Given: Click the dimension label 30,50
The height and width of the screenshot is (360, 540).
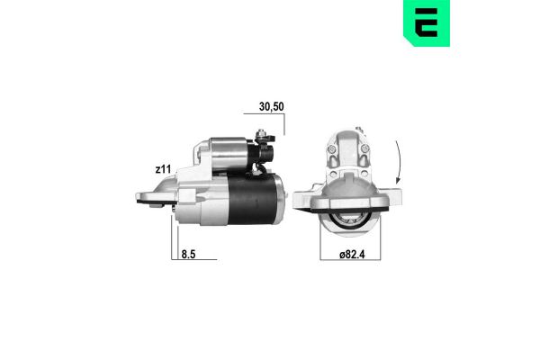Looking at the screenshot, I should click(x=271, y=105).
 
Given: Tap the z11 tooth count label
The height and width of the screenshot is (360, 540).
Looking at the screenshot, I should click(x=163, y=168).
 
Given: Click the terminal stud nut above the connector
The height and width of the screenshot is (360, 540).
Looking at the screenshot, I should click(x=264, y=138).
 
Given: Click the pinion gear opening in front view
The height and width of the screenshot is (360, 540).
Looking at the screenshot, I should click(x=346, y=218).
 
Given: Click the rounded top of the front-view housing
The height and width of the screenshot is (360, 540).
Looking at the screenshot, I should click(x=346, y=135).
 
